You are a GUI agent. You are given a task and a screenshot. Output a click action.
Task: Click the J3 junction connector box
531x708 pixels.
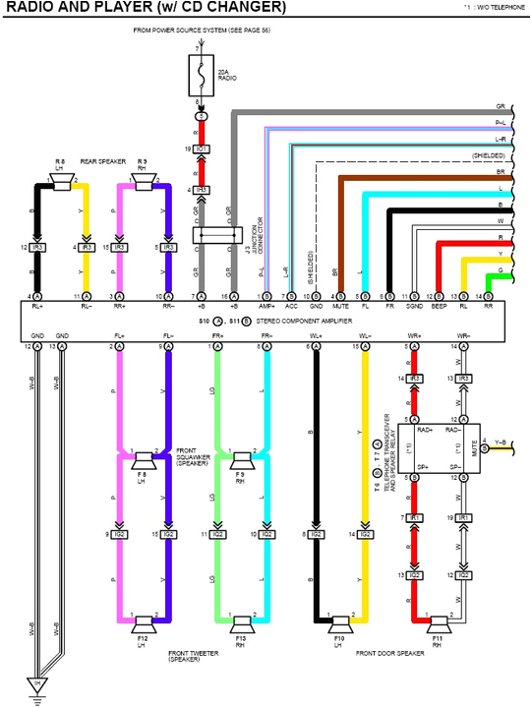[x=217, y=236]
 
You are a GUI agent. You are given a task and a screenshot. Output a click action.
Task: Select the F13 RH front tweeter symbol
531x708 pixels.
[x=242, y=621]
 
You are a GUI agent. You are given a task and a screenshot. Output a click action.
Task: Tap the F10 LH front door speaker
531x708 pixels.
[x=340, y=621]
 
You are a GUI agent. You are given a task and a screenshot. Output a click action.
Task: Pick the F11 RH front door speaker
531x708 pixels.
[x=438, y=621]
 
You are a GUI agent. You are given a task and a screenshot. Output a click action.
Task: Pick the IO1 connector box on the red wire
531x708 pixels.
[x=201, y=148]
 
